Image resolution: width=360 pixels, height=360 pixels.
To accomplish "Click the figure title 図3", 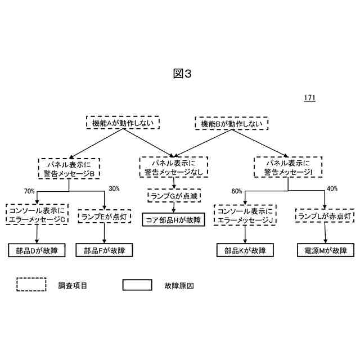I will pos(179,74).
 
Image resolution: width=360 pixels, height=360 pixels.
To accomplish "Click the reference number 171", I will pos(309,97).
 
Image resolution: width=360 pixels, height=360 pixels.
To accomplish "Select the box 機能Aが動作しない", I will pos(123,122).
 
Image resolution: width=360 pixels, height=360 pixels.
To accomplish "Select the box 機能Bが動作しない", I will pos(232,123).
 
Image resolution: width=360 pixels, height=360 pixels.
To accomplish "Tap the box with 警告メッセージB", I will pos(69,168).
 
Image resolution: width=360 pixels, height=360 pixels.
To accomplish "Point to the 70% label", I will pos(30,191).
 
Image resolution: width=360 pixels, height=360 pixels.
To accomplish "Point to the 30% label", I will pos(114,188).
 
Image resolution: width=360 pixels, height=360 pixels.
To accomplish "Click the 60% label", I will pos(237,192).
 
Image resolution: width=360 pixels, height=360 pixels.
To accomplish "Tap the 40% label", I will pos(332,188).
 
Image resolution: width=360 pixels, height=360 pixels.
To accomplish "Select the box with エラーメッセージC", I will pos(37,214).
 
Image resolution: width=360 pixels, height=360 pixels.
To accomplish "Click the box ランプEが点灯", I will pos(105,215).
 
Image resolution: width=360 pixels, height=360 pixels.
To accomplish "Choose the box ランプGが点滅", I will pos(174,196).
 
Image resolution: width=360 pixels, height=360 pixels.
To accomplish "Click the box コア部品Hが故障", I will pos(173,219).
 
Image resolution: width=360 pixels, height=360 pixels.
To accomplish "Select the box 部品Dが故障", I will pos(37,250).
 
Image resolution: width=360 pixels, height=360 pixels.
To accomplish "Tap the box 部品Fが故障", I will pos(105,250).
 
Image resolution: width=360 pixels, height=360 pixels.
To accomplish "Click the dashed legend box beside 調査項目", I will pos(31,285).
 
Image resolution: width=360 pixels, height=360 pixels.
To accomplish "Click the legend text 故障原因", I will pos(179,285).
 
